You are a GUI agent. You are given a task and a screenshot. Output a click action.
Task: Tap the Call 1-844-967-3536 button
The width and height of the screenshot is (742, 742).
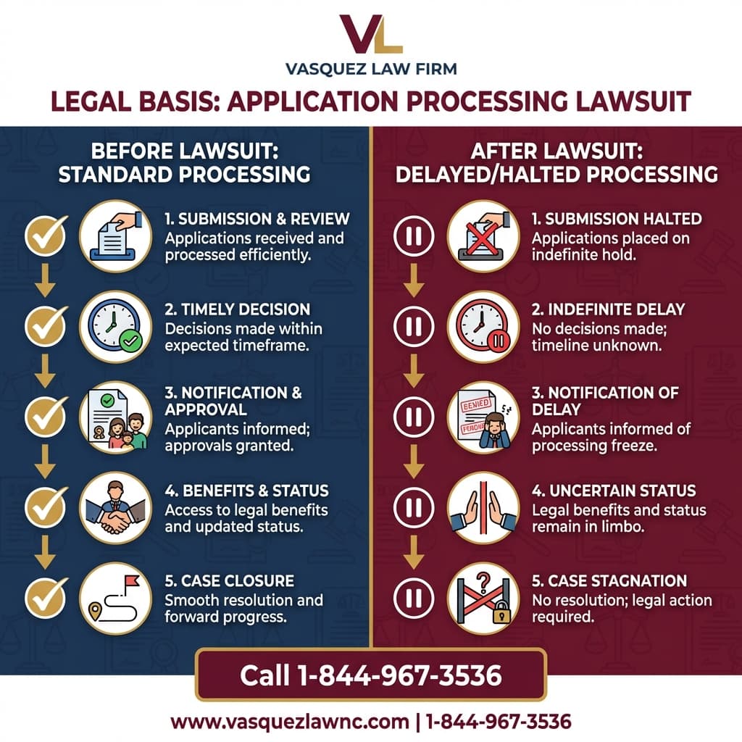(x=370, y=675)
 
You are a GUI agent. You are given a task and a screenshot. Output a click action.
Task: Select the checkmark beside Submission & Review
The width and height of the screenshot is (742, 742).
(x=46, y=235)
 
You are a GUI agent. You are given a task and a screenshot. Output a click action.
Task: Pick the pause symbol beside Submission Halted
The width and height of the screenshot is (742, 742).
(x=413, y=235)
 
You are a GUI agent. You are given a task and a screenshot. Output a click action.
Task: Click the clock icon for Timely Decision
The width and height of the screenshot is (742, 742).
(x=115, y=326)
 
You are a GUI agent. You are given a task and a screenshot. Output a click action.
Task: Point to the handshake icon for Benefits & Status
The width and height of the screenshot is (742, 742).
(x=115, y=507)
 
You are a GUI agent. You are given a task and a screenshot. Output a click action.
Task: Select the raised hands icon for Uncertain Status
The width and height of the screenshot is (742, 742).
(x=483, y=507)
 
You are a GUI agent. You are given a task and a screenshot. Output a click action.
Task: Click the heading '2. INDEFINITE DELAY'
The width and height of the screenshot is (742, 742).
(x=608, y=309)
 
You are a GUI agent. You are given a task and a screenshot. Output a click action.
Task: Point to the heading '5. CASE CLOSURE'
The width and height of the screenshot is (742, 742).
(x=229, y=581)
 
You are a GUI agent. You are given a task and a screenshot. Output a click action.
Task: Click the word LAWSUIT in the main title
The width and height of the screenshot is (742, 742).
(x=628, y=102)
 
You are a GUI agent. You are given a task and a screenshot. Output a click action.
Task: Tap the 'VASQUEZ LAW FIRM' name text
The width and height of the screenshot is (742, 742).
(x=371, y=70)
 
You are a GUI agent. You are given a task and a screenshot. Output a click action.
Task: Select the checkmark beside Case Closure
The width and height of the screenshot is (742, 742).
(x=46, y=598)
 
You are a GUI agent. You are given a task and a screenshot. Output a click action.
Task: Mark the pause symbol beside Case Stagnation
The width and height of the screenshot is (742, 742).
(x=413, y=598)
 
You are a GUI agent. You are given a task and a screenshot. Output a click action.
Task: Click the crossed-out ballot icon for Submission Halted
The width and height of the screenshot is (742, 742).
(x=483, y=235)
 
